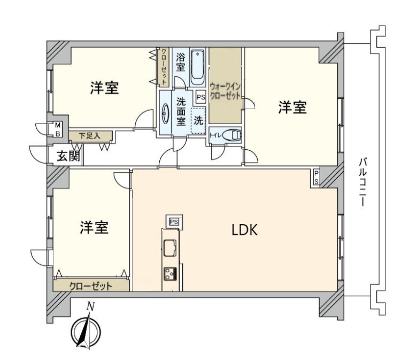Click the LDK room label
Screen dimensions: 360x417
[x=245, y=230]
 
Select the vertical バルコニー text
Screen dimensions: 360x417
[x=362, y=182]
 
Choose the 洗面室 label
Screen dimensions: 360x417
[x=181, y=112]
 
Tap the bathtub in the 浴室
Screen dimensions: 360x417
[x=197, y=66]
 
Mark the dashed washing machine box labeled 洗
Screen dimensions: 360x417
[x=198, y=119]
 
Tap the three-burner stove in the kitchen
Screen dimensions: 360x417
[x=171, y=274]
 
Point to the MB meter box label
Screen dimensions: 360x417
[x=57, y=129]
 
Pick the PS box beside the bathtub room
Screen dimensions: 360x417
[x=200, y=97]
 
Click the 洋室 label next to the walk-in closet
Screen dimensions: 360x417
[x=292, y=108]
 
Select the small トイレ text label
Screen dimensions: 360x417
[x=215, y=135]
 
